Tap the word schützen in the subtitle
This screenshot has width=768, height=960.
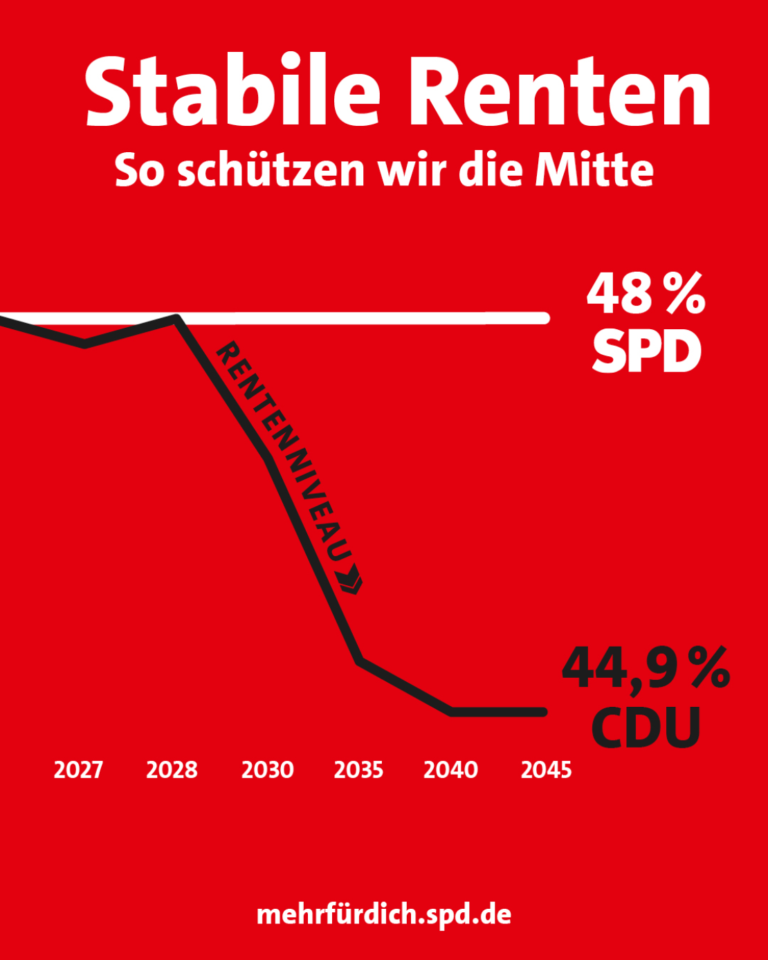coord(271,169)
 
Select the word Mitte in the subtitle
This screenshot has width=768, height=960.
coord(594,169)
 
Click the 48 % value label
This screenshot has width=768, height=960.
coord(646,293)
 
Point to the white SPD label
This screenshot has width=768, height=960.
coord(647,351)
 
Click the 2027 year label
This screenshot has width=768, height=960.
coord(79,770)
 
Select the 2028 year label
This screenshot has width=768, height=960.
coord(172,770)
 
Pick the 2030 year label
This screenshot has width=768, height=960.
coord(268,770)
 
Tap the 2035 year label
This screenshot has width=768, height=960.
coord(359,770)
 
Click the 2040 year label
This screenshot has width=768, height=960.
coord(450,770)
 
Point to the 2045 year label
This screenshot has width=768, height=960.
coord(546,770)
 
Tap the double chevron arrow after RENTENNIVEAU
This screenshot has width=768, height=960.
coord(350,579)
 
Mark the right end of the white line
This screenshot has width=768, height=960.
coord(545,318)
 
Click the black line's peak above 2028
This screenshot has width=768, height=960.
coord(176,318)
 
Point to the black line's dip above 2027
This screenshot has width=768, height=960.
coord(84,344)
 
